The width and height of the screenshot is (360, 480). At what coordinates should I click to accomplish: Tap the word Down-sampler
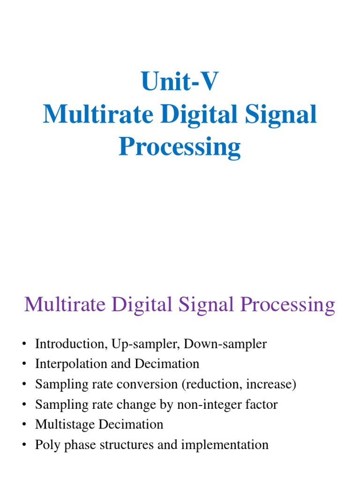225,344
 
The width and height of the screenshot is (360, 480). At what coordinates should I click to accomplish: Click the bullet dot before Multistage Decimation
23,425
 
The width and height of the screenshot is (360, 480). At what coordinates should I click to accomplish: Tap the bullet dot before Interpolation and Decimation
23,364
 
